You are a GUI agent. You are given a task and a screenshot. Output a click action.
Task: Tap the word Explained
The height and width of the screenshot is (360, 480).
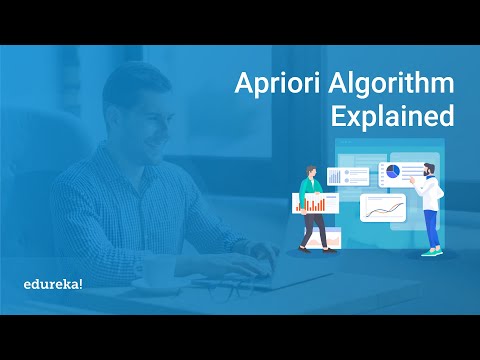[x=390, y=117]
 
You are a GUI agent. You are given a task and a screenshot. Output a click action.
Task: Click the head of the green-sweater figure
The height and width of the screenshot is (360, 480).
[x=308, y=171]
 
